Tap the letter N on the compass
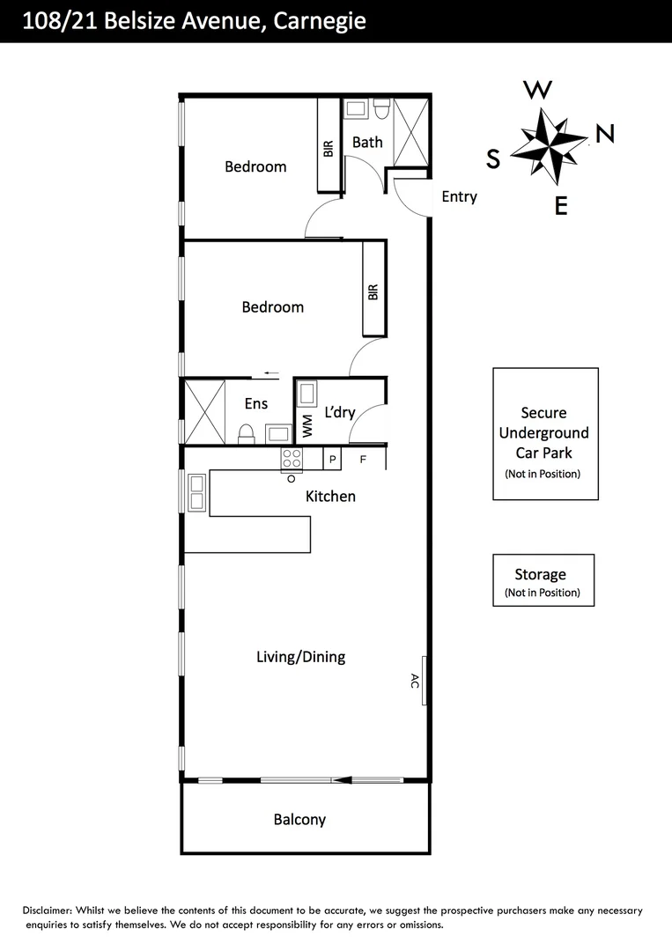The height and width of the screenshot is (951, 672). (605, 133)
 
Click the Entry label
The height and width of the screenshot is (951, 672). (459, 196)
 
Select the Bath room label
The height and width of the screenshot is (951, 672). (367, 142)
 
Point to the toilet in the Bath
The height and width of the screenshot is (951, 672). (381, 109)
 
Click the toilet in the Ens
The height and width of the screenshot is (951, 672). (247, 433)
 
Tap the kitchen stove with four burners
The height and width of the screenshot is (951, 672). (292, 458)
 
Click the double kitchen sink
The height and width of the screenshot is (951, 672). (196, 492)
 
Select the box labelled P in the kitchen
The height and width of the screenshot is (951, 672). (333, 458)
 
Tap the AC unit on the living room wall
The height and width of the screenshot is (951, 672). (425, 681)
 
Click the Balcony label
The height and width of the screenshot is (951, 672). (299, 820)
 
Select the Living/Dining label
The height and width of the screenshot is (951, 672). (300, 657)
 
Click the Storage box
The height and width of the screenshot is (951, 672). (543, 580)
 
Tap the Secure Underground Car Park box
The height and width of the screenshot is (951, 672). (545, 434)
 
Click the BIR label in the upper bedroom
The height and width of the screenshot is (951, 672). (329, 148)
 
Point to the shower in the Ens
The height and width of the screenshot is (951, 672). (203, 411)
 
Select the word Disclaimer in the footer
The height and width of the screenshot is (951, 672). (48, 910)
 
